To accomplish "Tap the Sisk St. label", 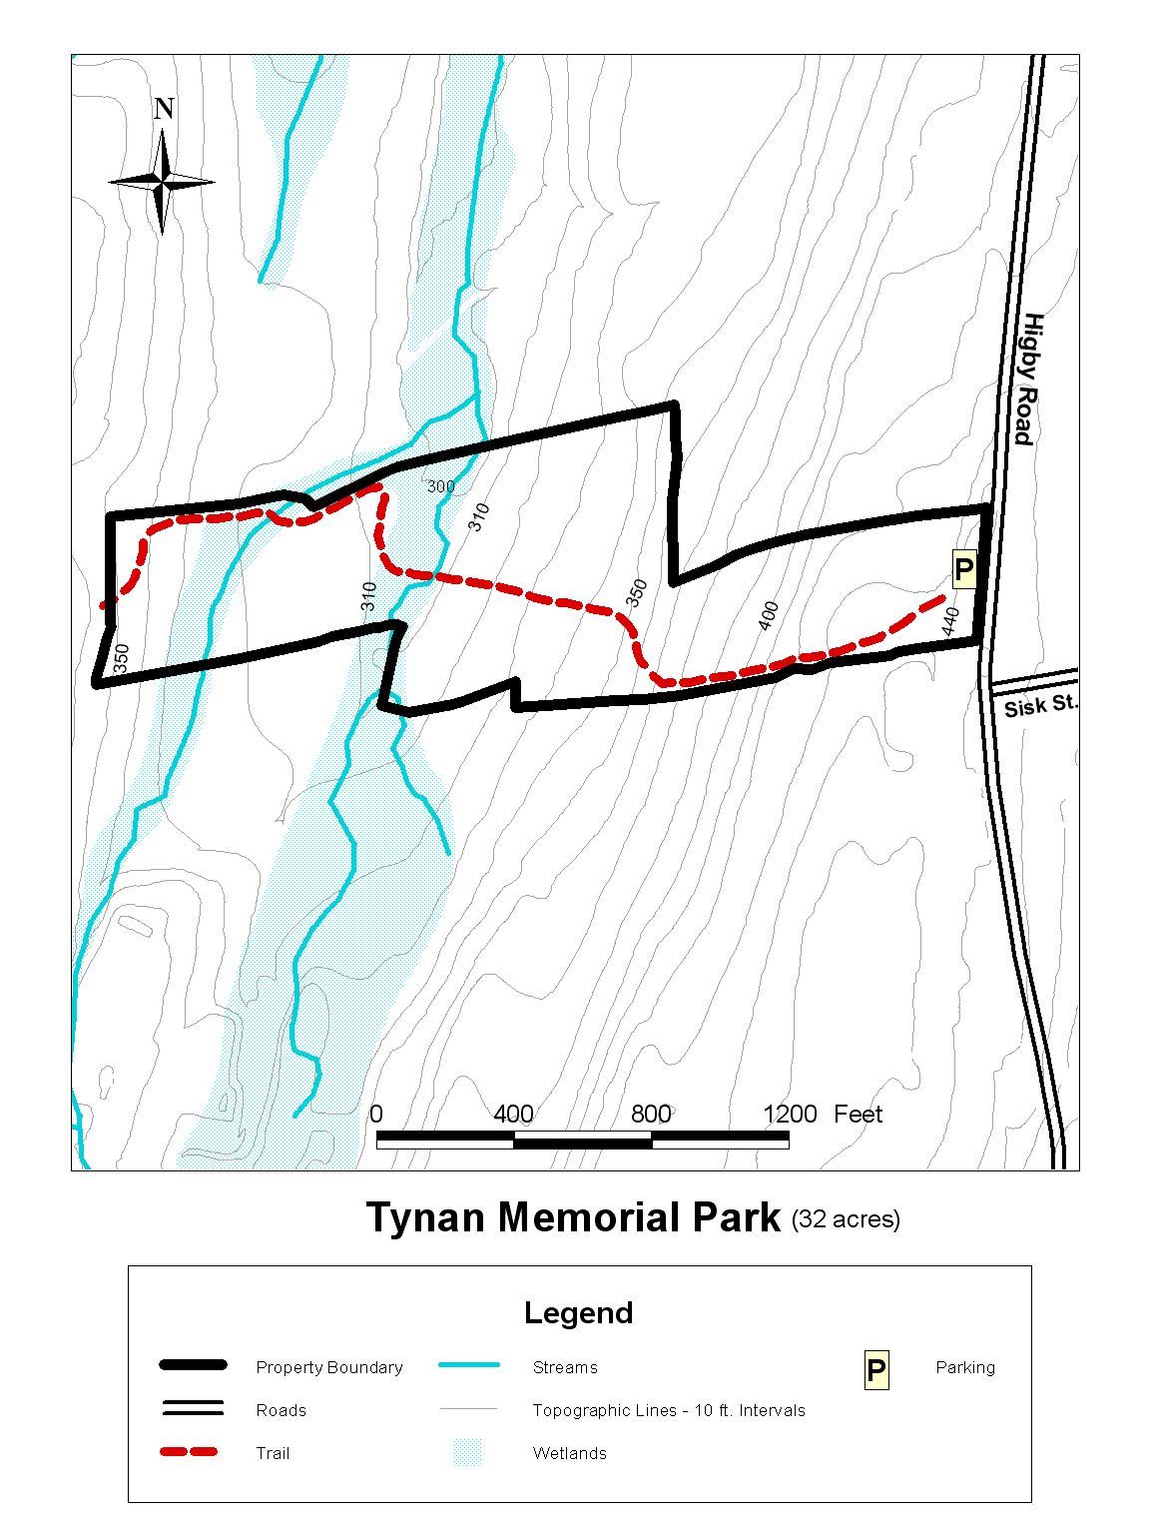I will point(1040,705).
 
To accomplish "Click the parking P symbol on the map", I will point(963,570).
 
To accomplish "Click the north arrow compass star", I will point(162,182).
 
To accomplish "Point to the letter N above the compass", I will point(165,109).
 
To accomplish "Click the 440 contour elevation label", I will point(950,621).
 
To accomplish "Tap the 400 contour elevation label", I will point(768,615).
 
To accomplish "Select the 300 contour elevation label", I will point(441,486).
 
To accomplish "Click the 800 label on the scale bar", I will point(651,1114).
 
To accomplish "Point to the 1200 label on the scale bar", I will point(790,1114).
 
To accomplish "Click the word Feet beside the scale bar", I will point(859,1114).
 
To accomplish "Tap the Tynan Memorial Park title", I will point(573,1218).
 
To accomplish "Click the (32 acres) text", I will point(846,1219).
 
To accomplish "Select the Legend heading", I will point(578,1312).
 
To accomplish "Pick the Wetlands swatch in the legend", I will point(467,1452).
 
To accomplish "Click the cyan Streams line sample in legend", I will point(467,1366).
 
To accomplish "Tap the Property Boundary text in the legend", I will point(328,1367).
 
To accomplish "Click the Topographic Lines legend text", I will point(668,1410).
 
